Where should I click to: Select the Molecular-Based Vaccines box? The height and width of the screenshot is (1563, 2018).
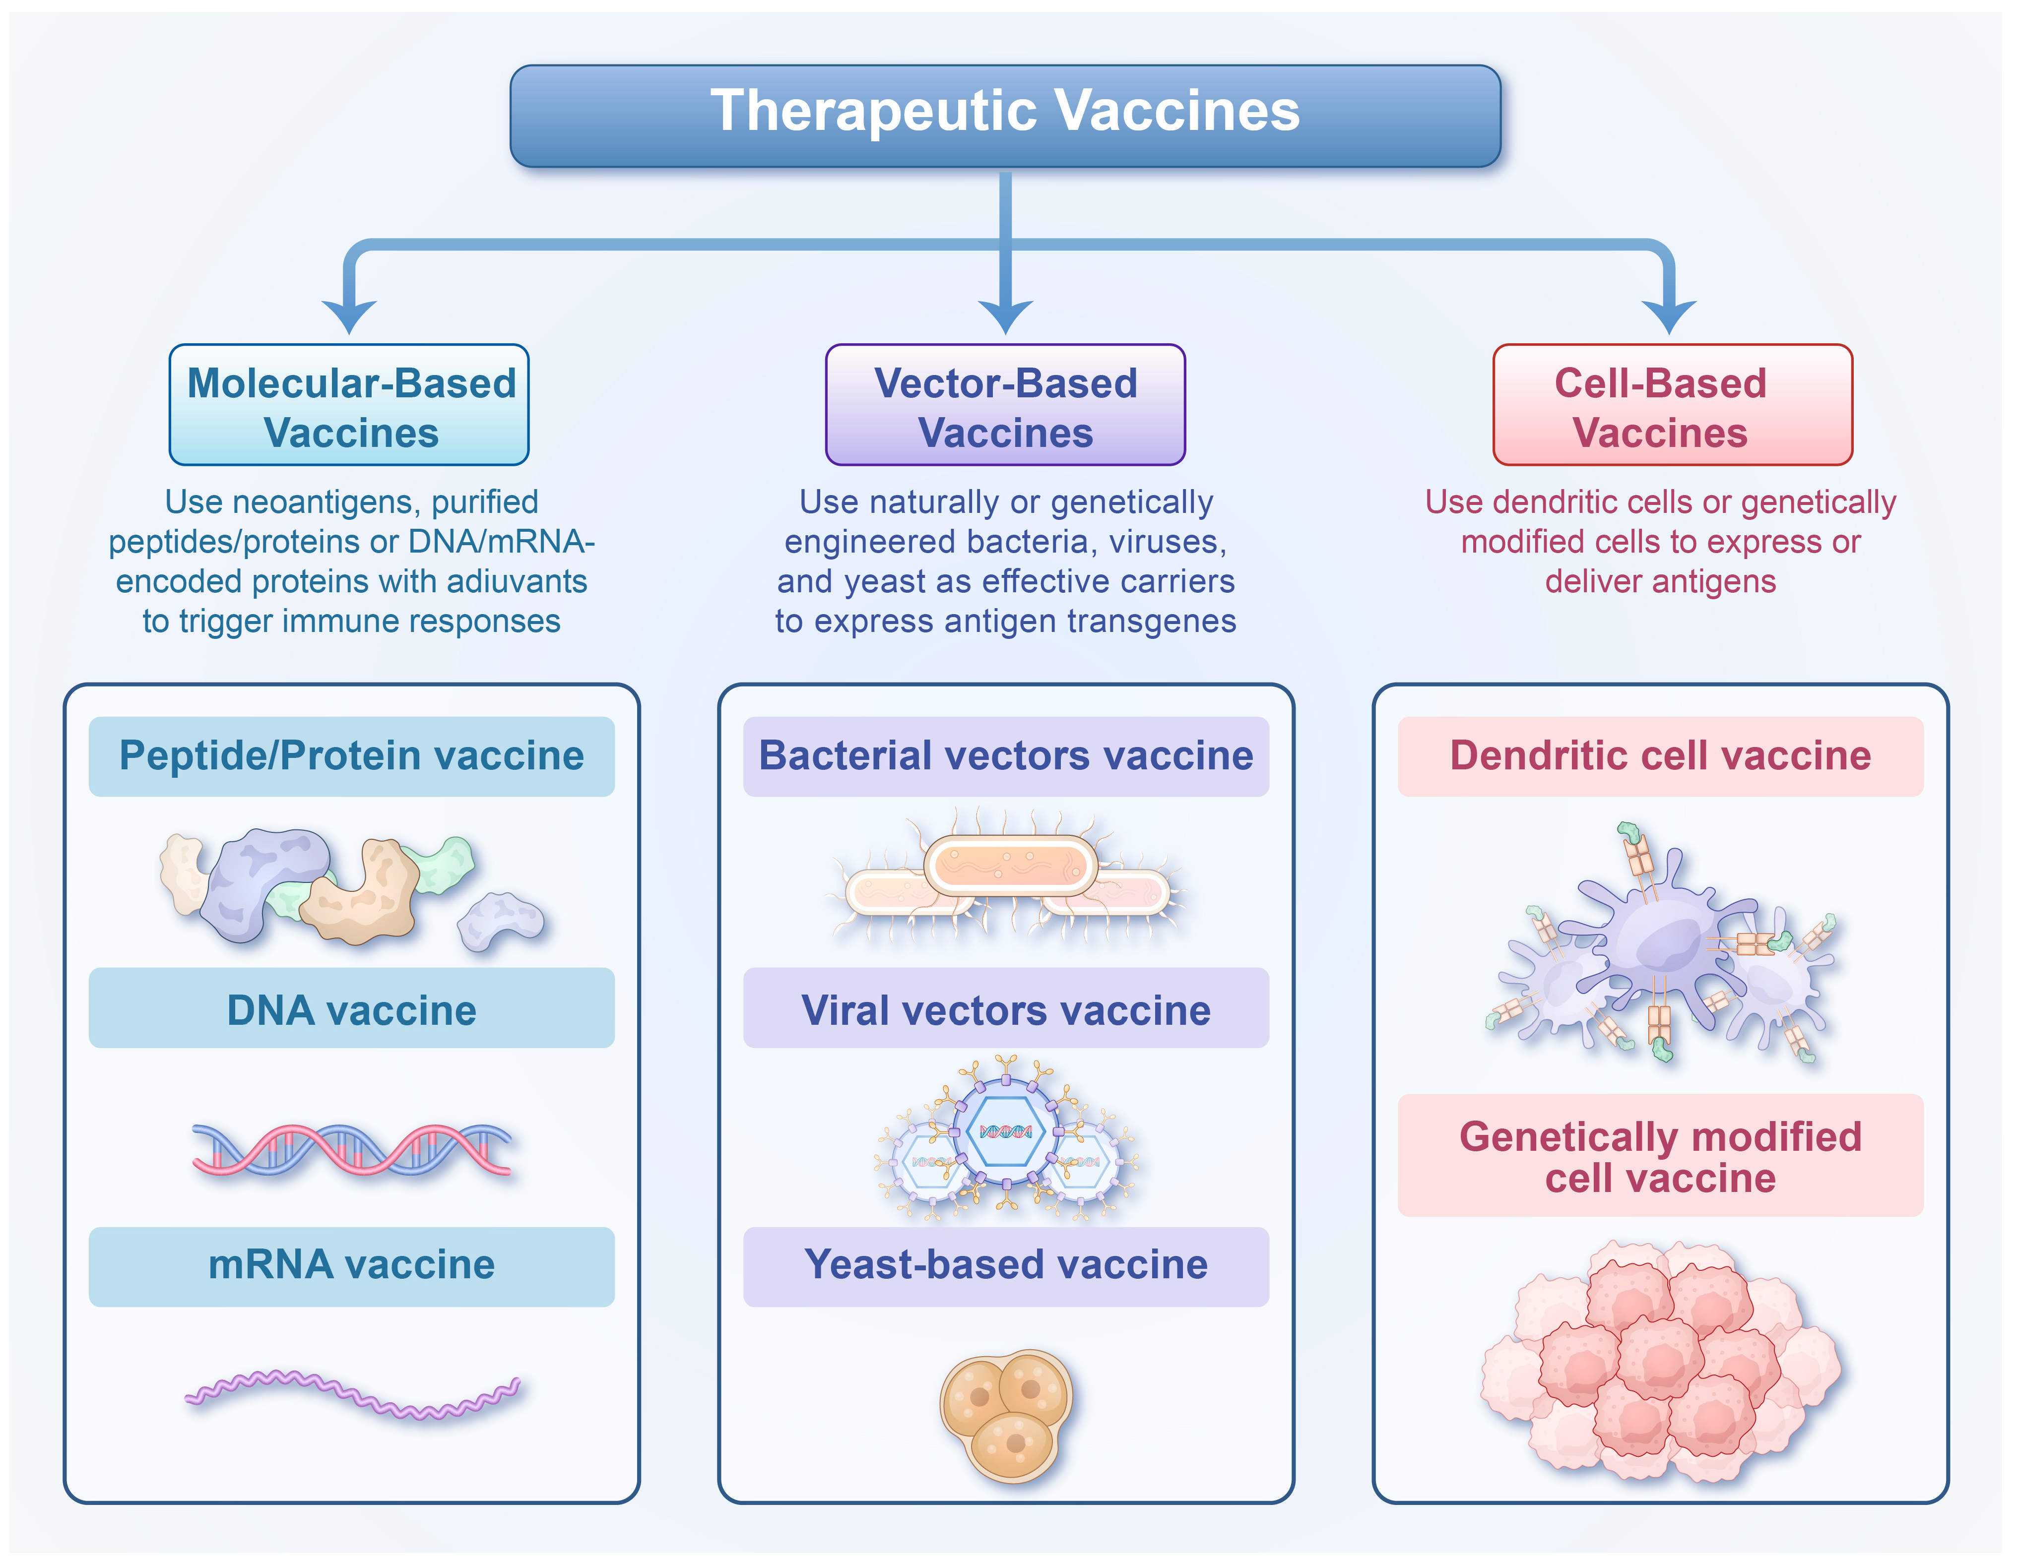(x=349, y=405)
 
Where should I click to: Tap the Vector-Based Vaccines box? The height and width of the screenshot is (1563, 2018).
(x=1005, y=405)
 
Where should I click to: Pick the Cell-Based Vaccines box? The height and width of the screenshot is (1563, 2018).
(x=1673, y=405)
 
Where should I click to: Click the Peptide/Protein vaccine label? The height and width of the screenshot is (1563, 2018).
(x=351, y=755)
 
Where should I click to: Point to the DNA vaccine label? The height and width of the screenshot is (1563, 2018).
(x=351, y=1009)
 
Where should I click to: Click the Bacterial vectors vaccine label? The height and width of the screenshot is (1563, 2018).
(x=1005, y=755)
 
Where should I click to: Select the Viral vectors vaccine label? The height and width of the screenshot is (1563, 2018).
(x=1005, y=1009)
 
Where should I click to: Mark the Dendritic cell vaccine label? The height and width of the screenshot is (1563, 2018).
(x=1660, y=755)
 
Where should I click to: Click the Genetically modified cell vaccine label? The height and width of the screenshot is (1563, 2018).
(x=1660, y=1157)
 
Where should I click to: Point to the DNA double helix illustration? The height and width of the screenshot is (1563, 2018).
(x=351, y=1150)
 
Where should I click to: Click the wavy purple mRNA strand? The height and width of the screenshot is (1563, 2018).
(x=351, y=1393)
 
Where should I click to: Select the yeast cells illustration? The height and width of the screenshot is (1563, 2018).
(x=1007, y=1413)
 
